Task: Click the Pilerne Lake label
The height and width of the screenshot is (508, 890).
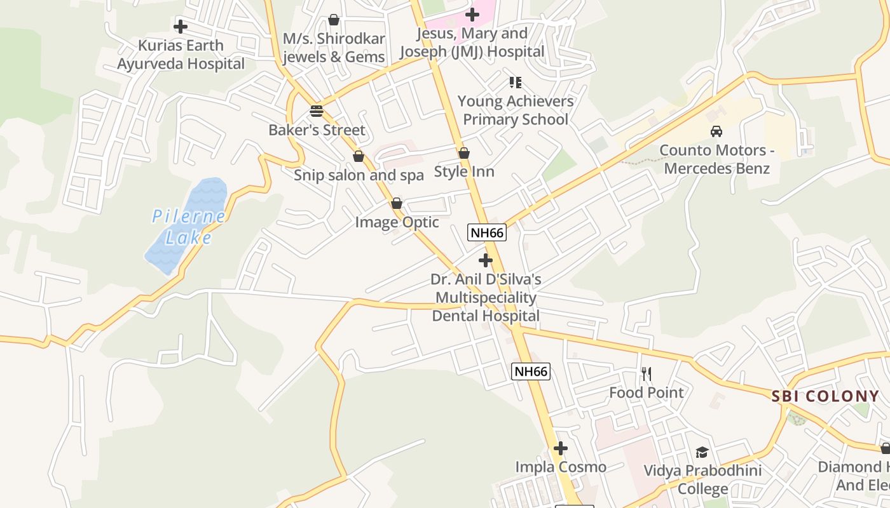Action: pyautogui.click(x=189, y=227)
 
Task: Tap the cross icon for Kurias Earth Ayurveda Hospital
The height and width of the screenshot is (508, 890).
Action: pyautogui.click(x=181, y=27)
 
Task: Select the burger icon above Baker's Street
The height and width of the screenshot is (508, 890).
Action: pyautogui.click(x=317, y=111)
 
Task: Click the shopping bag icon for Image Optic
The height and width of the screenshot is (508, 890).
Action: pyautogui.click(x=397, y=203)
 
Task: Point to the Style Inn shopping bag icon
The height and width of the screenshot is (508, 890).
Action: pyautogui.click(x=464, y=153)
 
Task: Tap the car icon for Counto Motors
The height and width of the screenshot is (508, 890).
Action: pyautogui.click(x=716, y=131)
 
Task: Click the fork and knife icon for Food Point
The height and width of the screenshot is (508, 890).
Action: pyautogui.click(x=647, y=373)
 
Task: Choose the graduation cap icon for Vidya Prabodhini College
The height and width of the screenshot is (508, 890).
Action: pyautogui.click(x=702, y=452)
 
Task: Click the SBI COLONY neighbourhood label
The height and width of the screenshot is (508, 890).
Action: pyautogui.click(x=825, y=396)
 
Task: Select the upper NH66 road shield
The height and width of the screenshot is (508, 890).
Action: pyautogui.click(x=488, y=232)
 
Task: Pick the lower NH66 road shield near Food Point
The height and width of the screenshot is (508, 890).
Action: pyautogui.click(x=531, y=371)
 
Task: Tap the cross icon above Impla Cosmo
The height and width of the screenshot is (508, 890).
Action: pyautogui.click(x=560, y=448)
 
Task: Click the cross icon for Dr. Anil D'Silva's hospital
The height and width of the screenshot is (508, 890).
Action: pyautogui.click(x=486, y=260)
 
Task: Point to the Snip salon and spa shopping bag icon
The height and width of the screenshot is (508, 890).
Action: pyautogui.click(x=359, y=156)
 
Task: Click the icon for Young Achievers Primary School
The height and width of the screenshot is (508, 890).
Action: pyautogui.click(x=515, y=83)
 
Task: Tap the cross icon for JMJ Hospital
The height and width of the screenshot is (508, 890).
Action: pyautogui.click(x=472, y=14)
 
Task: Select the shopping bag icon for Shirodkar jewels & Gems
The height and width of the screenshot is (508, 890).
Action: pyautogui.click(x=334, y=20)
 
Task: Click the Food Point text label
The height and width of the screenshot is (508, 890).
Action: pyautogui.click(x=647, y=392)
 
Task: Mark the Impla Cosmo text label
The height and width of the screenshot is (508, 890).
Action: pyautogui.click(x=561, y=467)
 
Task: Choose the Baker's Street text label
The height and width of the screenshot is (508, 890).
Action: pyautogui.click(x=317, y=130)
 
